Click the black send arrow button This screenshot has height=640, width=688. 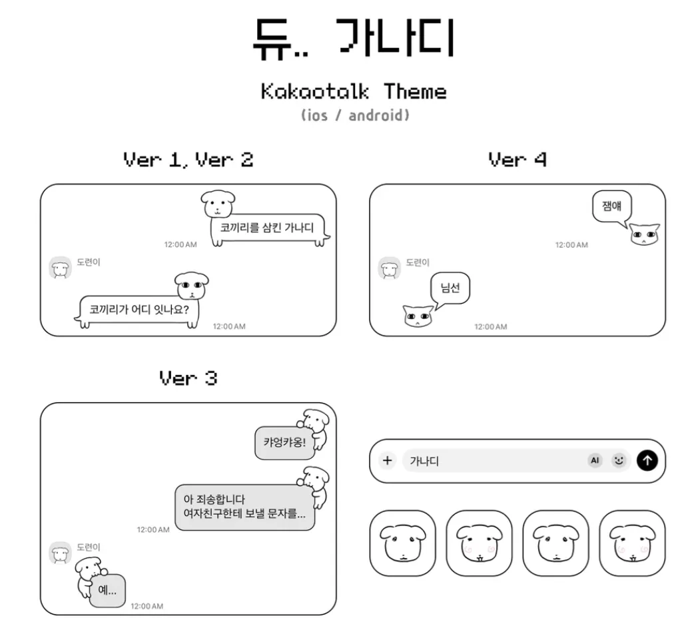point(647,460)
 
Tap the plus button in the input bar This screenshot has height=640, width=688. point(388,460)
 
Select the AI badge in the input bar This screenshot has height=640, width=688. point(595,460)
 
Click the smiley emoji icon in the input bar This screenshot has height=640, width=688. point(619,460)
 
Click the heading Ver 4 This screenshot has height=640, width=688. point(517,160)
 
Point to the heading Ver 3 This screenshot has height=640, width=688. point(188,378)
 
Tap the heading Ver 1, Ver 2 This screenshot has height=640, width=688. point(188,160)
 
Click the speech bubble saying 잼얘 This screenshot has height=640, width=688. point(611,206)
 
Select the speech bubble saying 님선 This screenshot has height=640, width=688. point(450,289)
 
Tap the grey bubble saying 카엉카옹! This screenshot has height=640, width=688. point(284,442)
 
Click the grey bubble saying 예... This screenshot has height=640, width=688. point(107,590)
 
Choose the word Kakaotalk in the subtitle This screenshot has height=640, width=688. point(314,91)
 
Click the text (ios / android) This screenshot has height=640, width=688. point(355,115)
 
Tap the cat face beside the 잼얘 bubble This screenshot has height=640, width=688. point(644,235)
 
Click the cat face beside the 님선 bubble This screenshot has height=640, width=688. point(418,315)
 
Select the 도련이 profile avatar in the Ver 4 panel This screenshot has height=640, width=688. point(390,268)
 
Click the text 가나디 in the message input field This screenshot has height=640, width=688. point(424,461)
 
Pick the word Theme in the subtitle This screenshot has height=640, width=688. point(415,91)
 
